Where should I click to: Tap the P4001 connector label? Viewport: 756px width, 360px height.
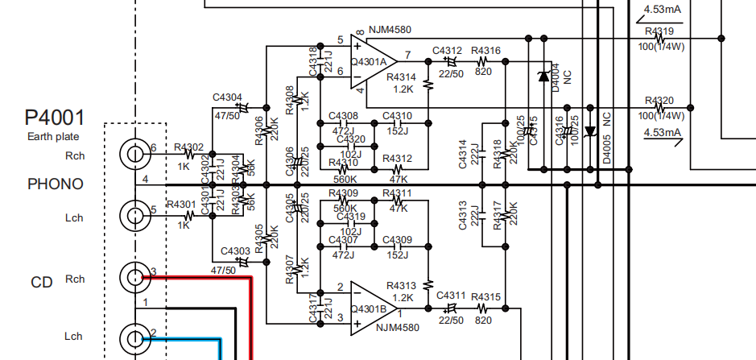[55, 118]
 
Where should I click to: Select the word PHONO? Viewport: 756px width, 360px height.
[56, 184]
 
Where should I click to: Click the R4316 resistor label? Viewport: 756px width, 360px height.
[485, 51]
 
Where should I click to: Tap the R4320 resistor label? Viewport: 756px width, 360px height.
[659, 101]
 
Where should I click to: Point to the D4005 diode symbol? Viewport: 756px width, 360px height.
[590, 130]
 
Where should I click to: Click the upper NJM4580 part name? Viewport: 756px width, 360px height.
[390, 30]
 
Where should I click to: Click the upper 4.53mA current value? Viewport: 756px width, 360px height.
[662, 10]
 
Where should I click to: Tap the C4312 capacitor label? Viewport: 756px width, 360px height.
[447, 51]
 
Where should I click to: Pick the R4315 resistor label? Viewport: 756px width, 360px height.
[485, 297]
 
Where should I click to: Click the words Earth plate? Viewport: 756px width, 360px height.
[54, 137]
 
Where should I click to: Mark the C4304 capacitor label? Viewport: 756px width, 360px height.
[227, 97]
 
